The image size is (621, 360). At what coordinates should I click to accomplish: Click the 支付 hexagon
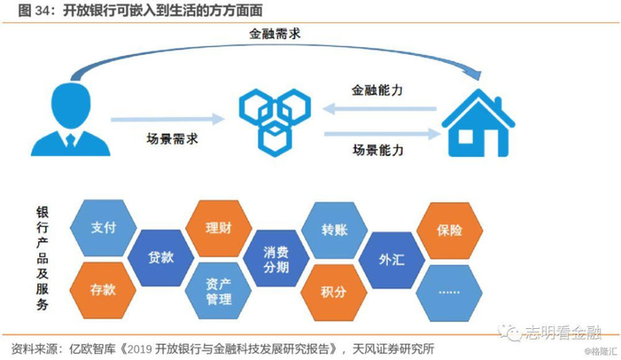[x=104, y=228]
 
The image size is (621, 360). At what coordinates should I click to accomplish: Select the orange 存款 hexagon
[x=104, y=289]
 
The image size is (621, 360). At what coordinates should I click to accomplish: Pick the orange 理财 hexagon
[x=218, y=228]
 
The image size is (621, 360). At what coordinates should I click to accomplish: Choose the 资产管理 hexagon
[x=218, y=288]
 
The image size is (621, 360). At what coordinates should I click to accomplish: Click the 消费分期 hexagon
[x=276, y=259]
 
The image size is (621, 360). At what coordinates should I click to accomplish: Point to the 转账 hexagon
[x=334, y=228]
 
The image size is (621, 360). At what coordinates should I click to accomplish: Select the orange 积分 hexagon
[x=334, y=289]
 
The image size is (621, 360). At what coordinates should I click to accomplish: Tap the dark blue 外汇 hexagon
[x=391, y=259]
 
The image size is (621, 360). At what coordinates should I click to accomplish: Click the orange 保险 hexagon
[x=449, y=229]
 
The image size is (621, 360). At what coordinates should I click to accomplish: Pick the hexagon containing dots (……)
[x=449, y=289]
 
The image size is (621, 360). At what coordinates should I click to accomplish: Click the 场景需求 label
[x=172, y=138]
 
